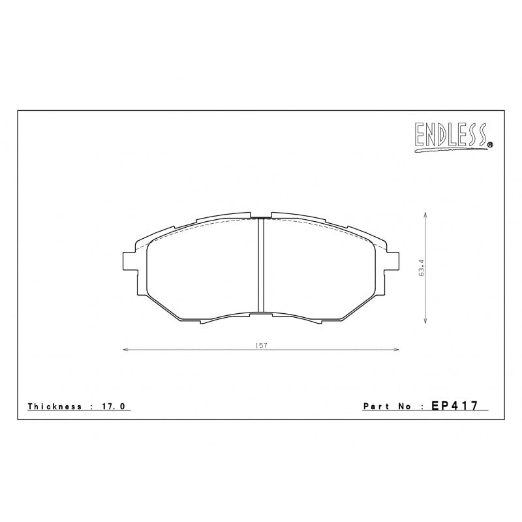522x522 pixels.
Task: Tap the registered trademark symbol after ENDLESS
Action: tap(490, 145)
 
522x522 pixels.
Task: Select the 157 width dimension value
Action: tap(261, 345)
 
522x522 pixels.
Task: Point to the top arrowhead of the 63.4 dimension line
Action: tap(425, 214)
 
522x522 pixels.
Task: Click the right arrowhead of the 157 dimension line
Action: tap(397, 350)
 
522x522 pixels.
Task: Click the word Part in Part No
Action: tap(376, 406)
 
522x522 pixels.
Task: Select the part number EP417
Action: tap(455, 405)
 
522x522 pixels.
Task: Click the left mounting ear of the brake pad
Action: tap(128, 260)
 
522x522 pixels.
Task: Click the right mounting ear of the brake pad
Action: tap(394, 260)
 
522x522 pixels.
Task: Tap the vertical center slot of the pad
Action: tap(261, 268)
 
